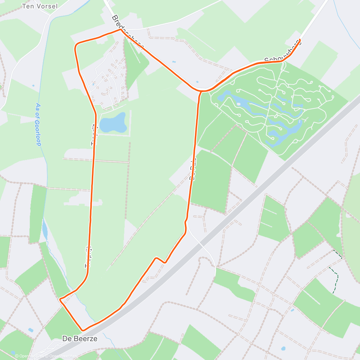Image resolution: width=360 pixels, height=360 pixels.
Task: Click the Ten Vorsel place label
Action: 40,6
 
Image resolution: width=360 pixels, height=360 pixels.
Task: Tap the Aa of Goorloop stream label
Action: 38,124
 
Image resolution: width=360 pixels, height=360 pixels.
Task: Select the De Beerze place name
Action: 80,339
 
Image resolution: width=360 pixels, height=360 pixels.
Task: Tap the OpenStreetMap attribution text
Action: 60,356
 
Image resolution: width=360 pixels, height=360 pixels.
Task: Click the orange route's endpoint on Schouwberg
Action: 299,40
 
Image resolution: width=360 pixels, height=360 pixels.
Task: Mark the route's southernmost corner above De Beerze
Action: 83,330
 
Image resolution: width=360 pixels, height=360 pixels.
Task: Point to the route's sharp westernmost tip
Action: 60,299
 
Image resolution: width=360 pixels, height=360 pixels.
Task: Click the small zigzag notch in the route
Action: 160,260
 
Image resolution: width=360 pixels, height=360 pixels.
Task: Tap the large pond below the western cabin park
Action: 113,122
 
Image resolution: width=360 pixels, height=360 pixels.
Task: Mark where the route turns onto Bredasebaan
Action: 120,29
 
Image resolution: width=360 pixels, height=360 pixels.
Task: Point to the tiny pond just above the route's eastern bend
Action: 197,82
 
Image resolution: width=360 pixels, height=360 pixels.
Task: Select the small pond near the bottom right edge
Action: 283,349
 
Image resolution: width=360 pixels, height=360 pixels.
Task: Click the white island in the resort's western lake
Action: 238,104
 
